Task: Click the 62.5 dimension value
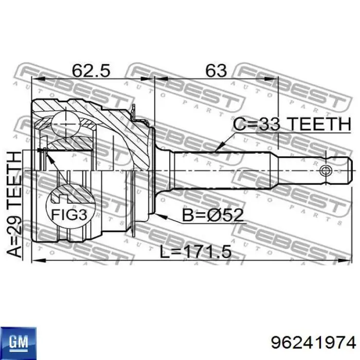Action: tap(92, 70)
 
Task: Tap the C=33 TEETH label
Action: tap(288, 124)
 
